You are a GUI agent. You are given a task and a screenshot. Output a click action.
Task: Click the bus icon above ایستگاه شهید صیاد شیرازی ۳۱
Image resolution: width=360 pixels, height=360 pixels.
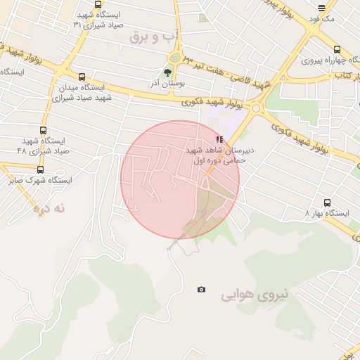97,4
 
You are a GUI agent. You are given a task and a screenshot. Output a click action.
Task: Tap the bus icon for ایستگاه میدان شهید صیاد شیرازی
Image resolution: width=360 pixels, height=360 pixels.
82,77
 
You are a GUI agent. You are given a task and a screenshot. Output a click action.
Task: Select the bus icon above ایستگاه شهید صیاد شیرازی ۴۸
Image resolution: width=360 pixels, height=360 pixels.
44,131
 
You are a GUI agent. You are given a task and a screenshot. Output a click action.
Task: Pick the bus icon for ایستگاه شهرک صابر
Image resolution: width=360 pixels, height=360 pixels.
40,169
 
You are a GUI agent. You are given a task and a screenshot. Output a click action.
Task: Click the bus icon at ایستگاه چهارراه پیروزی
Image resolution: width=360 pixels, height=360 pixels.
337,50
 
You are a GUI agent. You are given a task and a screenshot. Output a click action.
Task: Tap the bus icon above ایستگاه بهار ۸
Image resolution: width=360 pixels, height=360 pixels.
327,202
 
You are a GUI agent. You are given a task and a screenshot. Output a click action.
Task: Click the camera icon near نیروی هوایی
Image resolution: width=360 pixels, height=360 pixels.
202,290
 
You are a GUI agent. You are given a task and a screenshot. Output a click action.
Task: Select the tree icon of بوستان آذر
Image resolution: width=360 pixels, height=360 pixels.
167,72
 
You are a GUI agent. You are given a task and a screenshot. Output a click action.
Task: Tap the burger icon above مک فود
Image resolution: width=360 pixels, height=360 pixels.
322,8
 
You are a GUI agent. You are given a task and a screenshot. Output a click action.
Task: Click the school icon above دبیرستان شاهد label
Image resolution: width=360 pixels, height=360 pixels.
220,139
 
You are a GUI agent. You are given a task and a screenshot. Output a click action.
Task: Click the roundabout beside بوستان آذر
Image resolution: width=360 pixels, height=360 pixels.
174,58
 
